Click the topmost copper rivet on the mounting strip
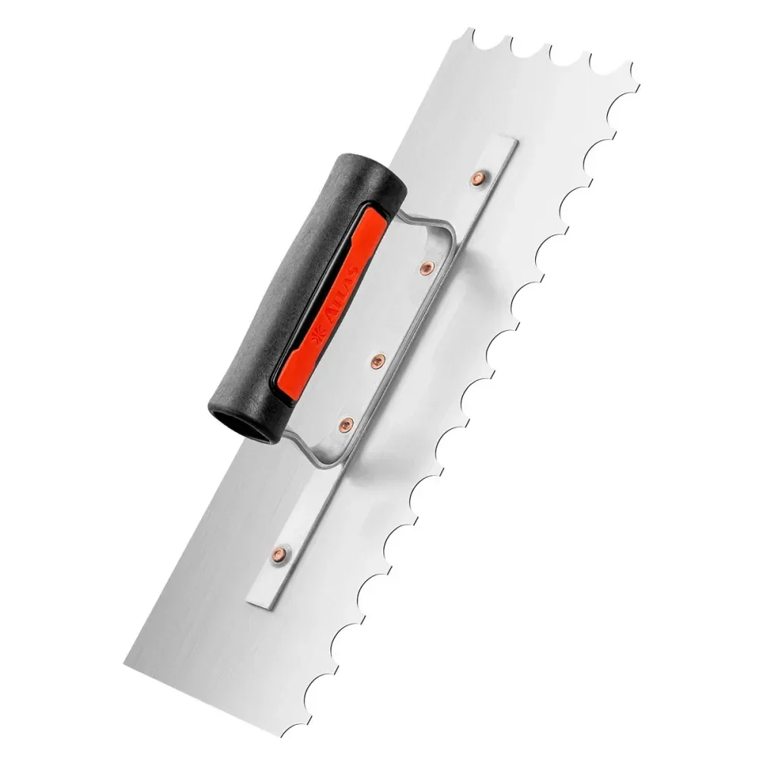479,179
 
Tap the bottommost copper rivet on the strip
280,553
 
